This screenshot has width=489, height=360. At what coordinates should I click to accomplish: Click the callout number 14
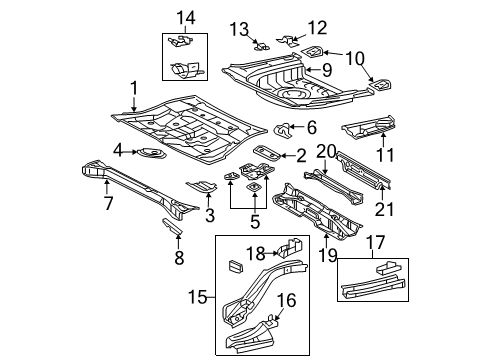coord(186,18)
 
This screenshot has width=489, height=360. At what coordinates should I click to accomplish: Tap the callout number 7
coord(108,203)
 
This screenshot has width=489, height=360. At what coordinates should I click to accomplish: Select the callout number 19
coord(327,256)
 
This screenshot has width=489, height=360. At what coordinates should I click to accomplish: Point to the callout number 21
coord(384,209)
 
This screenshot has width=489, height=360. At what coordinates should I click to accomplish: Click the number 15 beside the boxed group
coord(198,297)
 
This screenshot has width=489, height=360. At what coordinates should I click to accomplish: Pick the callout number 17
coord(376,242)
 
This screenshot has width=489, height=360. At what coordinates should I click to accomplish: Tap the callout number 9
coord(327,70)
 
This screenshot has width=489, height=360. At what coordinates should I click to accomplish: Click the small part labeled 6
coord(282,129)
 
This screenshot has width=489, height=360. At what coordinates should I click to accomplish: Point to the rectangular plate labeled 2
coord(266,153)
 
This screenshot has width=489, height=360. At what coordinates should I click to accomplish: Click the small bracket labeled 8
coord(172,227)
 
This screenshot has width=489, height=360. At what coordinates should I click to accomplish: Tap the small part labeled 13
coord(262,46)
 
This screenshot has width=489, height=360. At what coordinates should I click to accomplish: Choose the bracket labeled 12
coord(288,40)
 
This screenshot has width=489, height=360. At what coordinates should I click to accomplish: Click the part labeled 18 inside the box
coord(289,248)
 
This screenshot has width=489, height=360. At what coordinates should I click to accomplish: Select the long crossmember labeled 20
coord(333,188)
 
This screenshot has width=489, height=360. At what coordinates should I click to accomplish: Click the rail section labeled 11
coord(369,127)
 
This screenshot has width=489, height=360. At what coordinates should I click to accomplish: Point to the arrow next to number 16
coord(279,314)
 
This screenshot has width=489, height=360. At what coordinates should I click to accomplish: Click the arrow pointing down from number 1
coord(134,104)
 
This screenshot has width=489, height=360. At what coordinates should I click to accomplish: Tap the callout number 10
coord(355,59)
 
